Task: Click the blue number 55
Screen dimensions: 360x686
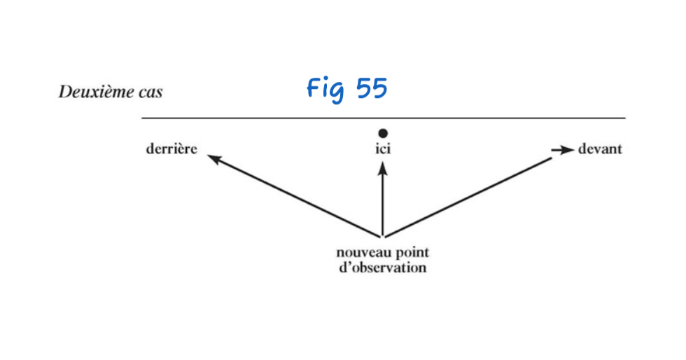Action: pos(371,88)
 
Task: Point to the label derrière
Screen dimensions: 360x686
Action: pos(172,149)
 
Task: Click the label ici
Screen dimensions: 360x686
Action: pos(382,150)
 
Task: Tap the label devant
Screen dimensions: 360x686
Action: pos(600,149)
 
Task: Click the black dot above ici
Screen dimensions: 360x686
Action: pos(382,133)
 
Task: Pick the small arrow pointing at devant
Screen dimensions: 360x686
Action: pos(561,149)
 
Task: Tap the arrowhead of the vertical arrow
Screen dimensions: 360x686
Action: pos(382,167)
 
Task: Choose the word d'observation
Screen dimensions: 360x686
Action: pos(381,268)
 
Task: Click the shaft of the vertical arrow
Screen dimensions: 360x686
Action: pos(382,203)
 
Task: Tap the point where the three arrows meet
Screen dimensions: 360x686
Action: pos(383,237)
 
